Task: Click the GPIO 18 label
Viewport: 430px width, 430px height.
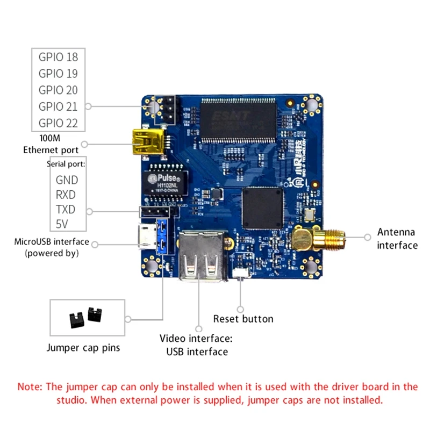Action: (58, 56)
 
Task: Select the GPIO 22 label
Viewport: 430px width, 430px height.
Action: (58, 123)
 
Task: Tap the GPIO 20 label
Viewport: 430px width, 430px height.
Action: (58, 90)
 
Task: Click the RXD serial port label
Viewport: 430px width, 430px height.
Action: (66, 195)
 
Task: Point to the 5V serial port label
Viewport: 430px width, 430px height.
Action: (63, 224)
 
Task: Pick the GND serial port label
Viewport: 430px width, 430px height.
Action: (67, 180)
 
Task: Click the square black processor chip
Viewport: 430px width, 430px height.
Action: (263, 209)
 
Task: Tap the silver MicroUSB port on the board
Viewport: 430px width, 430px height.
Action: (147, 237)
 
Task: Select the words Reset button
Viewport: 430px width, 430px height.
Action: (243, 319)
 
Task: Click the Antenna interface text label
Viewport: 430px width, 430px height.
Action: (397, 239)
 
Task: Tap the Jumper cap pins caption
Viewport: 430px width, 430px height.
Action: (83, 348)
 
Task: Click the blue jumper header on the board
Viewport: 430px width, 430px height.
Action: (161, 236)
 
